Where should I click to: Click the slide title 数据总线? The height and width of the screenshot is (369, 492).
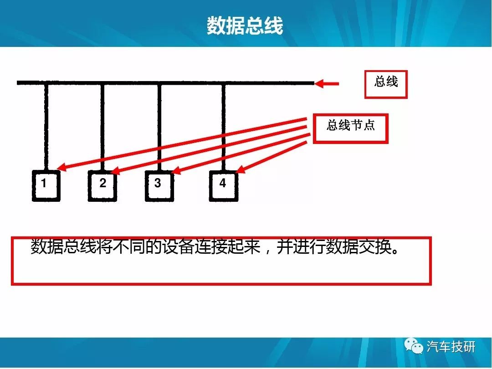pyautogui.click(x=245, y=25)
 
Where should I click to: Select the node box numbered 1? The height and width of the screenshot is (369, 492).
pyautogui.click(x=46, y=185)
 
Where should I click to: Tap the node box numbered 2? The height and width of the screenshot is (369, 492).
pyautogui.click(x=102, y=185)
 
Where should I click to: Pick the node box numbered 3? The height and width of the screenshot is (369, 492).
pyautogui.click(x=159, y=185)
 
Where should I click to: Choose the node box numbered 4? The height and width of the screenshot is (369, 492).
pyautogui.click(x=223, y=185)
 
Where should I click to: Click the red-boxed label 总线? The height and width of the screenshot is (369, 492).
pyautogui.click(x=386, y=84)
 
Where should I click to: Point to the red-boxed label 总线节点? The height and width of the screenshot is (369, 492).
pyautogui.click(x=350, y=128)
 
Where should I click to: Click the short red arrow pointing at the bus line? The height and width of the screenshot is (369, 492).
pyautogui.click(x=326, y=84)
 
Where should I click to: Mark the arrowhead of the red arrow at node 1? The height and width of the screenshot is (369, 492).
pyautogui.click(x=61, y=168)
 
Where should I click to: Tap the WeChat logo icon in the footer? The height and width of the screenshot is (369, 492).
pyautogui.click(x=414, y=346)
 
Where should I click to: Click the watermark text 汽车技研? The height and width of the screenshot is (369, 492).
pyautogui.click(x=451, y=347)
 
